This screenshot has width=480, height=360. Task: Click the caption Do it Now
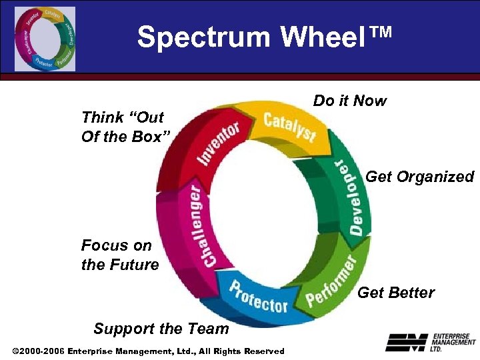349,101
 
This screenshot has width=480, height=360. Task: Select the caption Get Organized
419,177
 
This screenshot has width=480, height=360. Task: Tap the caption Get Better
396,292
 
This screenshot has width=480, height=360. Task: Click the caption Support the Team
161,328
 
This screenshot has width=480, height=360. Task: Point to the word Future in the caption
134,265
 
